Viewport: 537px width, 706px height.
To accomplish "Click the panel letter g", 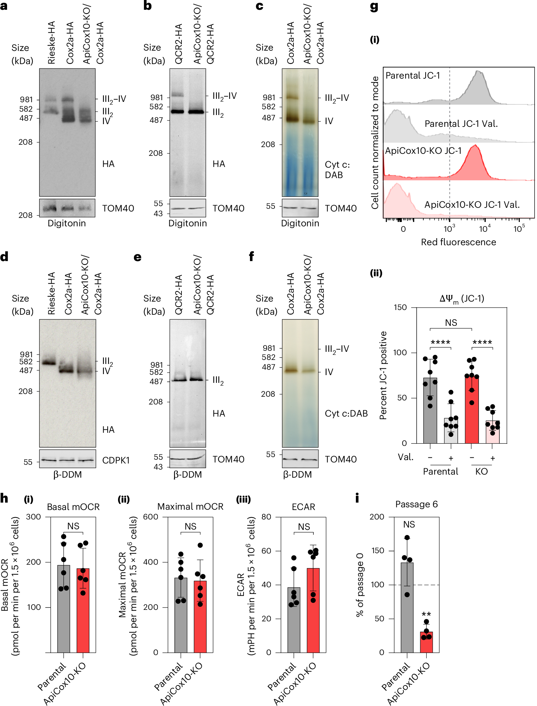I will tap(374, 7).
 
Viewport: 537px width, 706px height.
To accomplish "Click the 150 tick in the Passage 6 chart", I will tap(378, 550).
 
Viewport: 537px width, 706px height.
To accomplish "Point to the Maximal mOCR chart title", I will tap(190, 507).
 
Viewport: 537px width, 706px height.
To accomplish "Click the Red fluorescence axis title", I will tap(458, 242).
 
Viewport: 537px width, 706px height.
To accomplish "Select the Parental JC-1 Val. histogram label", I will tap(461, 124).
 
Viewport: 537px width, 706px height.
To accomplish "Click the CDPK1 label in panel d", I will tap(116, 460).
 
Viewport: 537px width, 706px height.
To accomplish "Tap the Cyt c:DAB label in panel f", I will tap(346, 413).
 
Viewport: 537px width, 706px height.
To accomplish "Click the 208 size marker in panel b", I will tap(156, 153).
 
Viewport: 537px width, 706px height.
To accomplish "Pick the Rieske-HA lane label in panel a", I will tap(51, 43).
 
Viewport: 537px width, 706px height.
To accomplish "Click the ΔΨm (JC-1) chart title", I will tap(461, 299).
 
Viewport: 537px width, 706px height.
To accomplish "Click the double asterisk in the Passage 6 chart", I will tap(426, 614).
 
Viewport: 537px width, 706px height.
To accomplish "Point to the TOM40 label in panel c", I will tap(341, 208).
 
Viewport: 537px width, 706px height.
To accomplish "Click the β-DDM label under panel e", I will tap(188, 474).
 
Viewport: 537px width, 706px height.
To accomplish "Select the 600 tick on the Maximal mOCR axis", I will tap(150, 517).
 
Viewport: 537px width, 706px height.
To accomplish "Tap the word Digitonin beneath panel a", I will tap(67, 223).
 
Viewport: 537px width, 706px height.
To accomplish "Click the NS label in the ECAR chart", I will tap(304, 527).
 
